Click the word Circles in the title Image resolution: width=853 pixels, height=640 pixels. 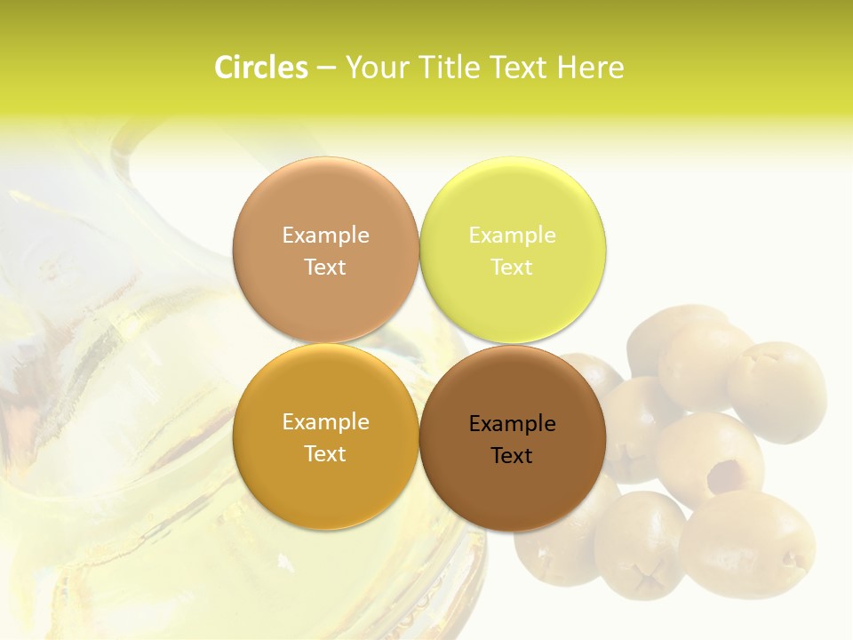[x=260, y=68]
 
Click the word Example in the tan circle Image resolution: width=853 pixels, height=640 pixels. [x=325, y=235]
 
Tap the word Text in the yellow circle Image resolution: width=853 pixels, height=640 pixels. [x=512, y=268]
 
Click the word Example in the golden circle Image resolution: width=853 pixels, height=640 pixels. [x=325, y=421]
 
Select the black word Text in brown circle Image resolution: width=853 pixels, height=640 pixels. [x=512, y=456]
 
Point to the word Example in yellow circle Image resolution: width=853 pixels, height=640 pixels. [x=512, y=235]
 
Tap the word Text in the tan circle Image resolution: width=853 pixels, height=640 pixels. [x=325, y=268]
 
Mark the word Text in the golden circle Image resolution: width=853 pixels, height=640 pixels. [x=325, y=454]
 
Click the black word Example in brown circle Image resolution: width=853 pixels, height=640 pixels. [x=512, y=423]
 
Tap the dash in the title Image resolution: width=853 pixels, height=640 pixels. [x=326, y=68]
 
